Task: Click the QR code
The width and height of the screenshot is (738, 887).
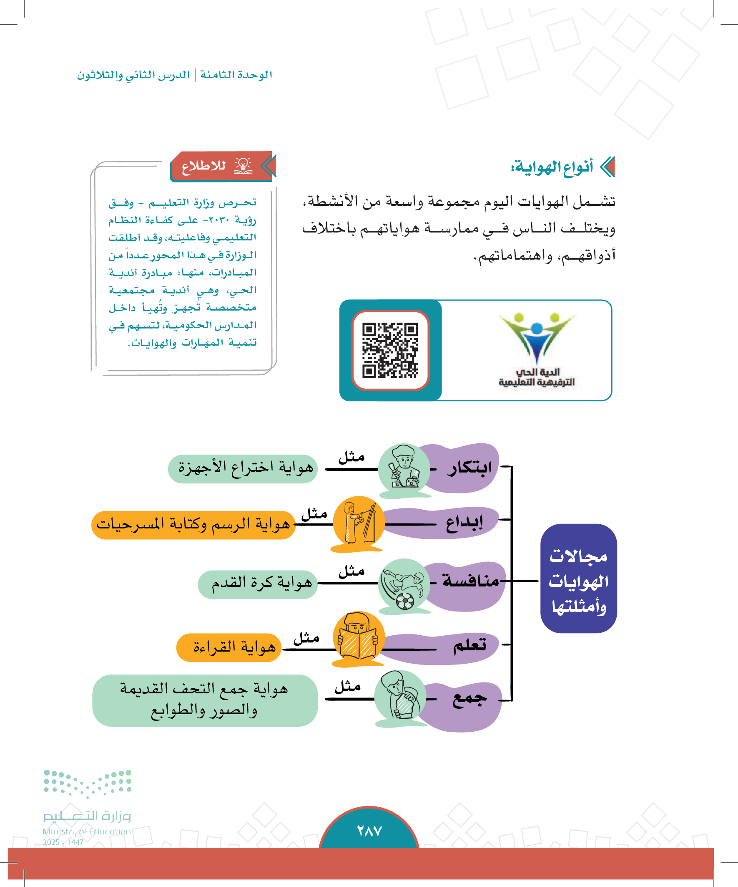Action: (x=390, y=350)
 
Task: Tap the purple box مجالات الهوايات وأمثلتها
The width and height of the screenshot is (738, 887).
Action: (x=578, y=578)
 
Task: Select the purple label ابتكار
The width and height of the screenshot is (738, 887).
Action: (x=469, y=468)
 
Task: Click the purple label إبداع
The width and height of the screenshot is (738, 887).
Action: (x=464, y=523)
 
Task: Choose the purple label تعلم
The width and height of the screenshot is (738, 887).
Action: (x=469, y=645)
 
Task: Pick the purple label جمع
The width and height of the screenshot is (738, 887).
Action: (x=469, y=700)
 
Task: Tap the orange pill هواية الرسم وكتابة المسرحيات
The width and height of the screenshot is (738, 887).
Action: (x=193, y=525)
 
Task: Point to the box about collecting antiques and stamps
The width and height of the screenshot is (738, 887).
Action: (x=205, y=700)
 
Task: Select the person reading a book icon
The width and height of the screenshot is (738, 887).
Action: (x=358, y=638)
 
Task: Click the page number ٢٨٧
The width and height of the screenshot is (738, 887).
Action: (x=369, y=831)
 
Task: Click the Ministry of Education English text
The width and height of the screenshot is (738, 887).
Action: (x=86, y=831)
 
